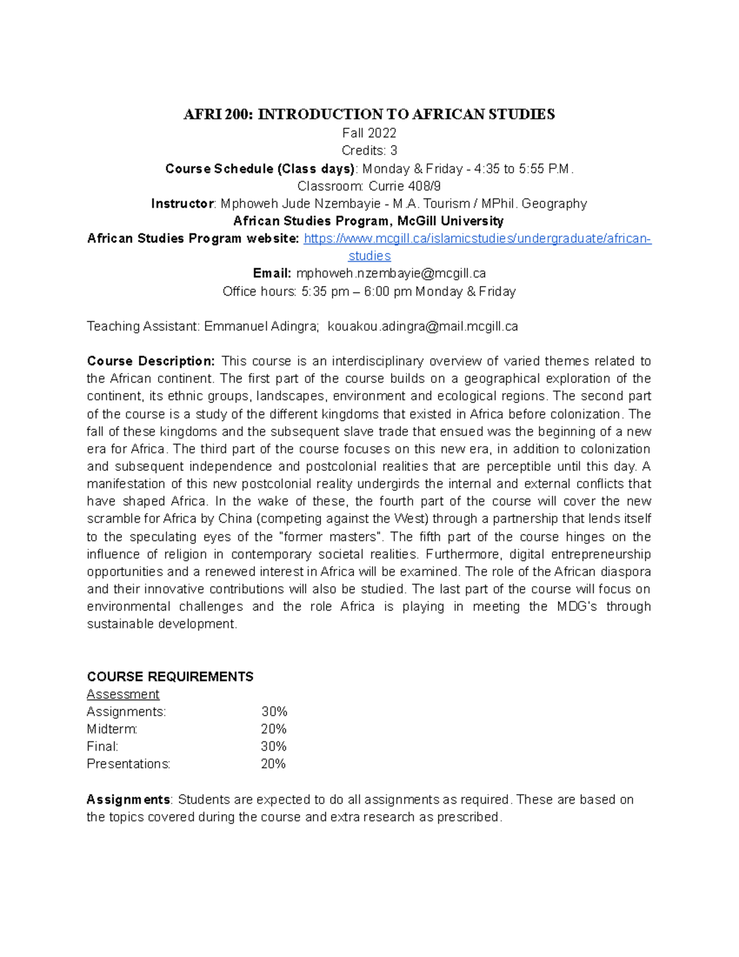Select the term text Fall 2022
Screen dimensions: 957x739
coord(369,133)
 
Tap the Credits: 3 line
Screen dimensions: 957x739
coord(369,150)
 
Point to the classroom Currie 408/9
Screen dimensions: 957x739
coord(405,186)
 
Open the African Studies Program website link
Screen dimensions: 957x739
coord(477,239)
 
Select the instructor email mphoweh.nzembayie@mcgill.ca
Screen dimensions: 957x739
coord(391,274)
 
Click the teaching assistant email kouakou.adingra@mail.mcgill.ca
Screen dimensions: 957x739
coord(423,327)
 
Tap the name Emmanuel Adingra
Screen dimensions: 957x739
coord(260,327)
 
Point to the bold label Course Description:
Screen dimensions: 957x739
coord(151,361)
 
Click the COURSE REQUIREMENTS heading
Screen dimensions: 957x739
coord(170,677)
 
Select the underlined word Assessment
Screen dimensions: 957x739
coord(123,694)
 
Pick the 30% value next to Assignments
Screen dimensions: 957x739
coord(274,712)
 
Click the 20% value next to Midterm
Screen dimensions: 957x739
coord(273,729)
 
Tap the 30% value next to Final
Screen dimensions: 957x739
coord(273,746)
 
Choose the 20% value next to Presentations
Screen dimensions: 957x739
coord(273,764)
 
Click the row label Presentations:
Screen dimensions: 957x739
coord(128,764)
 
